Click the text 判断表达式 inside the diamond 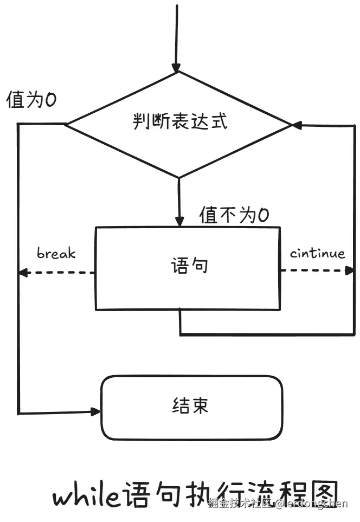pos(179,121)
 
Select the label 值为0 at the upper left pos(31,100)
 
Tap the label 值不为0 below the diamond pos(234,215)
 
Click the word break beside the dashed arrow pos(56,253)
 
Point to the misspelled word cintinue pos(317,253)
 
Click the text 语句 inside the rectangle pos(189,267)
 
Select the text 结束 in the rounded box pos(190,406)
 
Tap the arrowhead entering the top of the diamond pos(176,67)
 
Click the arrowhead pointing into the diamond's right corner pos(297,125)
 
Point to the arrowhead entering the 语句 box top pos(179,221)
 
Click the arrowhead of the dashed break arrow pos(23,272)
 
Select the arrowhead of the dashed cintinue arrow pos(349,270)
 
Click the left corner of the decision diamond pos(66,125)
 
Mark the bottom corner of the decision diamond pos(179,177)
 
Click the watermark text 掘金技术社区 pos(240,504)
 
